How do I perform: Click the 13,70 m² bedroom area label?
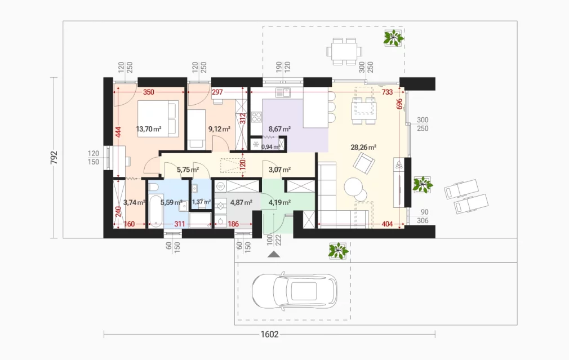pyautogui.click(x=148, y=129)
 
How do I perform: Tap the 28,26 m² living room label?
pyautogui.click(x=363, y=147)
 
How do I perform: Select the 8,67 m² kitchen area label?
pyautogui.click(x=279, y=129)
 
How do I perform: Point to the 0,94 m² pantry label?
pyautogui.click(x=271, y=147)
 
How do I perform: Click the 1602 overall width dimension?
pyautogui.click(x=269, y=334)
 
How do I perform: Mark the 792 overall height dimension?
pyautogui.click(x=54, y=158)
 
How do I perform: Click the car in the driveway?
pyautogui.click(x=294, y=291)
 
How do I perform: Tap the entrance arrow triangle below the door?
pyautogui.click(x=274, y=255)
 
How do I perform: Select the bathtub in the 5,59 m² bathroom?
pyautogui.click(x=156, y=211)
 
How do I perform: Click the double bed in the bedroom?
pyautogui.click(x=158, y=119)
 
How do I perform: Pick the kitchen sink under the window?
pyautogui.click(x=283, y=93)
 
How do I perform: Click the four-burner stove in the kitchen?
pyautogui.click(x=256, y=117)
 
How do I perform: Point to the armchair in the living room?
pyautogui.click(x=364, y=163)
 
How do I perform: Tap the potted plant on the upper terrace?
pyautogui.click(x=393, y=37)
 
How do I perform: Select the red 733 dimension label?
pyautogui.click(x=387, y=92)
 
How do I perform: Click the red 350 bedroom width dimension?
pyautogui.click(x=148, y=92)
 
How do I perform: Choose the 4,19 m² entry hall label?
pyautogui.click(x=279, y=202)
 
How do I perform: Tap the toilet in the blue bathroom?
pyautogui.click(x=153, y=186)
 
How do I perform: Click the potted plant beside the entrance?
pyautogui.click(x=338, y=251)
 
